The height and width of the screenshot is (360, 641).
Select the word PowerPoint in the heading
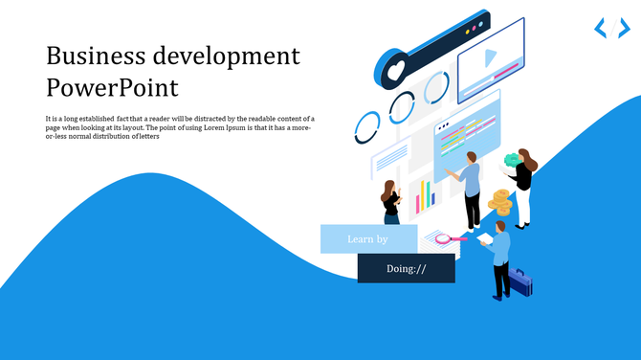[x=112, y=88]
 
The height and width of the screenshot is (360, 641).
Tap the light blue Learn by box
[x=368, y=238]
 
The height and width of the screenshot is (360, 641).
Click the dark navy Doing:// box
[x=406, y=268]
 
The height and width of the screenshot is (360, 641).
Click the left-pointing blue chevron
[x=600, y=28]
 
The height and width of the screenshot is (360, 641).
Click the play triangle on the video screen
[x=490, y=57]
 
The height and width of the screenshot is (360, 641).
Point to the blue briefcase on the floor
[x=520, y=281]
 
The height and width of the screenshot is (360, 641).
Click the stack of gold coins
[x=499, y=202]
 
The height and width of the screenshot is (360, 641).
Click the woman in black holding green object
[x=523, y=187]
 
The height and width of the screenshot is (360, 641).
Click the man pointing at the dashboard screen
[x=471, y=187]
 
